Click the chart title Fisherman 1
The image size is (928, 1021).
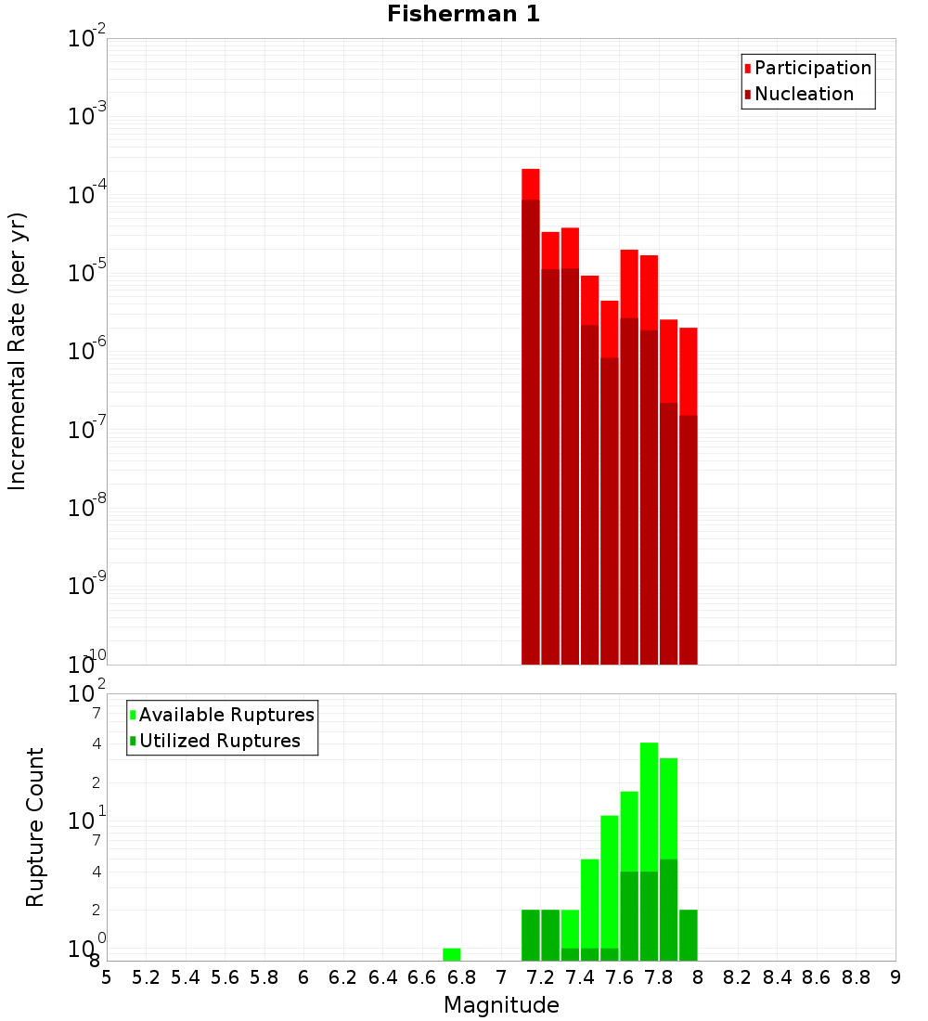point(463,14)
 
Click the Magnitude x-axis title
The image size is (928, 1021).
point(501,1005)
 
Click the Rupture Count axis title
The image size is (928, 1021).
point(35,827)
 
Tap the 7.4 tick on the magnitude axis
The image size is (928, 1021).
point(580,977)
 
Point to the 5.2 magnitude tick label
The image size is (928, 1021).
point(147,977)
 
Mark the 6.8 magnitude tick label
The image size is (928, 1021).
point(461,977)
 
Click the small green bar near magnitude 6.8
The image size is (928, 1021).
point(452,954)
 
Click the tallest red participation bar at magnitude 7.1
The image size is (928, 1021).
point(531,184)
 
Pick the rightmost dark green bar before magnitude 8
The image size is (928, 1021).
point(688,935)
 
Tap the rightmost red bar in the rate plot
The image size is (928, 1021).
point(688,371)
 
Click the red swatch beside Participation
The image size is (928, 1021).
point(747,69)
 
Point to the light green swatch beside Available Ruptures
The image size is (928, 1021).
point(133,716)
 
